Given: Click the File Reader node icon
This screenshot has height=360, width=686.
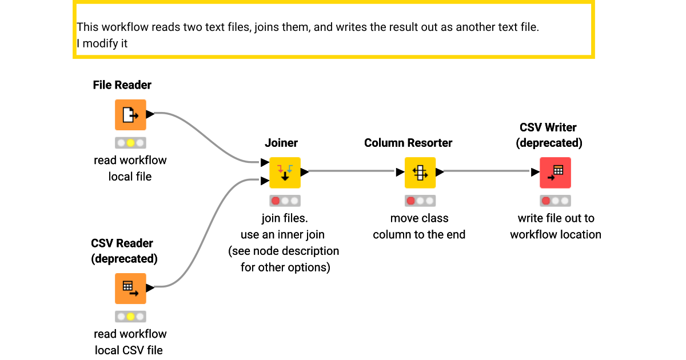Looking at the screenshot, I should pyautogui.click(x=130, y=115).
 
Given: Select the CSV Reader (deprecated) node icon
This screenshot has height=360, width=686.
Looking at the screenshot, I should pyautogui.click(x=130, y=289).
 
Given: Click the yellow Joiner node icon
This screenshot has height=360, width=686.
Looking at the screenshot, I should pyautogui.click(x=285, y=173).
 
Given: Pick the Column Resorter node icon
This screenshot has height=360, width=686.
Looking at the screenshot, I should pyautogui.click(x=420, y=173).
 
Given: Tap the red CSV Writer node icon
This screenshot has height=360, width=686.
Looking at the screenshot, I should pyautogui.click(x=555, y=173).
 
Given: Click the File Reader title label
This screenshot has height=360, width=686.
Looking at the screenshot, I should pyautogui.click(x=122, y=85).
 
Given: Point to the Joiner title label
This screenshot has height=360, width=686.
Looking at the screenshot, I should pyautogui.click(x=281, y=143).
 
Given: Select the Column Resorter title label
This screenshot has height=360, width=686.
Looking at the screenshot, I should pyautogui.click(x=408, y=143).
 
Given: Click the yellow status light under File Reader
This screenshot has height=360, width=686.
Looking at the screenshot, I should pyautogui.click(x=130, y=143).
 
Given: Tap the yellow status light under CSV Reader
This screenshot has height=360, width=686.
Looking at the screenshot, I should pyautogui.click(x=130, y=317).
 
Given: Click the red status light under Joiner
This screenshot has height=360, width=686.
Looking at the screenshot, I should pyautogui.click(x=276, y=201).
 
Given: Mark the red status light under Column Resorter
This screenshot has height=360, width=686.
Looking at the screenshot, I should pyautogui.click(x=410, y=201).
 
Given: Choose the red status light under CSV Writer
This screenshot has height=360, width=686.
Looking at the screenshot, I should pyautogui.click(x=546, y=201).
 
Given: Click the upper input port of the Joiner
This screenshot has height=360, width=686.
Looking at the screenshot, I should pyautogui.click(x=265, y=163).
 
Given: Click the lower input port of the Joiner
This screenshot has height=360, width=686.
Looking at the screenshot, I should pyautogui.click(x=265, y=181).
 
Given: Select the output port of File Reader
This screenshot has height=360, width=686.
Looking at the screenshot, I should pyautogui.click(x=150, y=114).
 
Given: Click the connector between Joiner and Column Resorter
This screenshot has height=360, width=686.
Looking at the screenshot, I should pyautogui.click(x=352, y=171).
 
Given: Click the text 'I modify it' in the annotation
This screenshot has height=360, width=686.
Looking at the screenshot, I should pyautogui.click(x=102, y=43).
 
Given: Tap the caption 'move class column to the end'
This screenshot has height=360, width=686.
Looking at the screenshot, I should pyautogui.click(x=419, y=226).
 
